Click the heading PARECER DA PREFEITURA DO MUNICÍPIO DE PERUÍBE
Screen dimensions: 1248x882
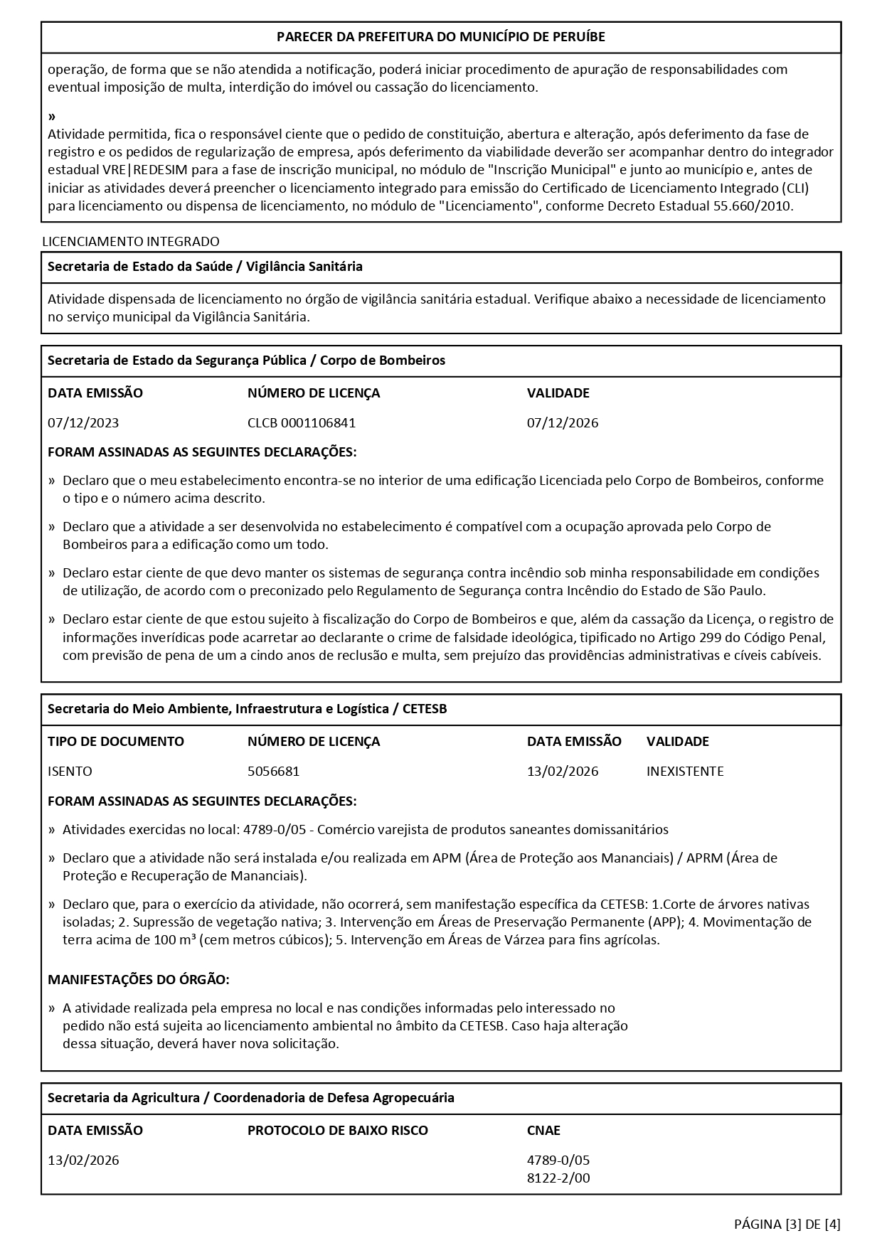440,37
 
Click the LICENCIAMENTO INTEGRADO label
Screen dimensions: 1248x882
131,242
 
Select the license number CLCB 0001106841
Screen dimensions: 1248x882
301,423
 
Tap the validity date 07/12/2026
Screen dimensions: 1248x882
562,423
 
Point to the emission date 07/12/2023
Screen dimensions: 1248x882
83,423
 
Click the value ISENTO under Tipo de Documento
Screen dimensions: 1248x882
70,772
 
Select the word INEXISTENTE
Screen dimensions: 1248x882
684,772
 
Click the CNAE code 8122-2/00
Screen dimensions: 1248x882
558,1178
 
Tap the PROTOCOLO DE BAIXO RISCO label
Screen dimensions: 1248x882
337,1131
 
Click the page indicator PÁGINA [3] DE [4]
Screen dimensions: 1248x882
787,1224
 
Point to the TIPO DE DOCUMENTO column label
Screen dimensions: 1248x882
115,742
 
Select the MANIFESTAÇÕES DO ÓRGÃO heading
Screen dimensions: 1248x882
138,980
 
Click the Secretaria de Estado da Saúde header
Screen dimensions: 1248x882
205,267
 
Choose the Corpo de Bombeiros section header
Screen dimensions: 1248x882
246,361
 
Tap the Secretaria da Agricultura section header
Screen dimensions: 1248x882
250,1098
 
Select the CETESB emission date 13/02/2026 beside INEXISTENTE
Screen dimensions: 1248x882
562,772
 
